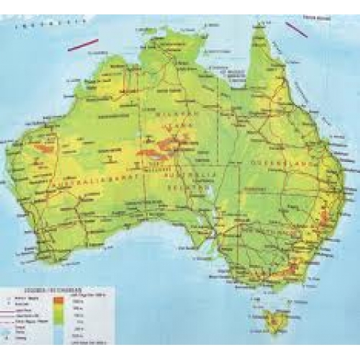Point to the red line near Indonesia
[x=83, y=45]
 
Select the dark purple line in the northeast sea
[x=296, y=29]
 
